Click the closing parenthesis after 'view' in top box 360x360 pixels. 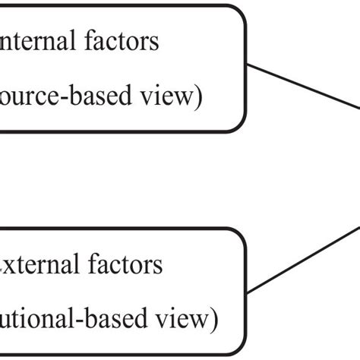[198, 99]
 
